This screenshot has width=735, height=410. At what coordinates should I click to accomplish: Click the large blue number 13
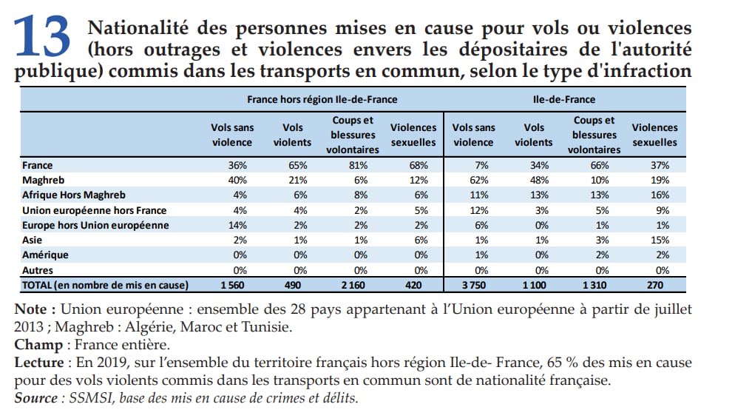click(x=43, y=37)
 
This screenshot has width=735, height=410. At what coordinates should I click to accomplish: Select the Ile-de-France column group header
click(x=563, y=98)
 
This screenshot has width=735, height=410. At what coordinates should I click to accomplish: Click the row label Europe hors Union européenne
click(x=95, y=225)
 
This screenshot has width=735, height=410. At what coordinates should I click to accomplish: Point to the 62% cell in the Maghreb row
click(x=473, y=180)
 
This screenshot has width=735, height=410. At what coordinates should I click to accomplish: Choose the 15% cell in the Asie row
click(x=654, y=240)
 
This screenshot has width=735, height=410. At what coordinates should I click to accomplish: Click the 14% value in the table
click(x=231, y=225)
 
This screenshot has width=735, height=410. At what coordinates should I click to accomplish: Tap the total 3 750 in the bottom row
click(x=473, y=285)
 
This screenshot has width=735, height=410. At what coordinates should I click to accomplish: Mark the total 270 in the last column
click(x=654, y=285)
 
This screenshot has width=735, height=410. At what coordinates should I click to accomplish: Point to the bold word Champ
click(x=35, y=344)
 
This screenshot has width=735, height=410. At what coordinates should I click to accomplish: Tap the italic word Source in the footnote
click(x=36, y=397)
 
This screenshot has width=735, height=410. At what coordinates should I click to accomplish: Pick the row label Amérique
click(x=47, y=255)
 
